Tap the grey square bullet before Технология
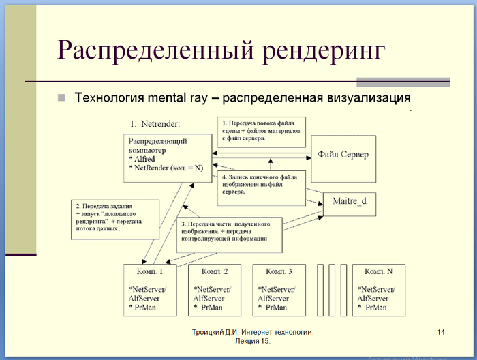(x=61, y=97)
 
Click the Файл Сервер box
(x=343, y=155)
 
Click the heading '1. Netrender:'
(x=155, y=124)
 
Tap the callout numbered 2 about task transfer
(x=115, y=217)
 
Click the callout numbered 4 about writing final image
(x=260, y=184)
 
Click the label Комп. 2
(x=213, y=271)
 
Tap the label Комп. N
(x=378, y=271)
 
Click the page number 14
(x=441, y=332)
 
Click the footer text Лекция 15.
(x=252, y=340)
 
